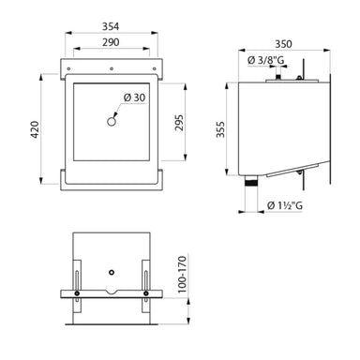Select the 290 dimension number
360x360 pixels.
click(111, 45)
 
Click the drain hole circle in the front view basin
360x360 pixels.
click(111, 121)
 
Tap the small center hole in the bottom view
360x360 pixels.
click(111, 273)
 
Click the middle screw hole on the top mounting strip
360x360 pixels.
click(111, 68)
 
